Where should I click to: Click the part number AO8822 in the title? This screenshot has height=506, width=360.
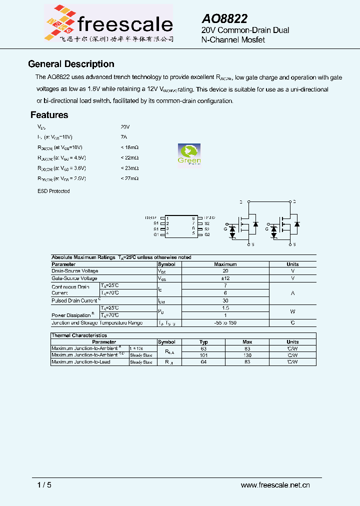pos(224,18)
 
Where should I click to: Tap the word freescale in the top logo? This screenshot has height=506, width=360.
pos(125,23)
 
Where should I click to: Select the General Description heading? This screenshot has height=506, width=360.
pos(71,64)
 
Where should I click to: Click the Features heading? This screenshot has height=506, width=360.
pos(49,115)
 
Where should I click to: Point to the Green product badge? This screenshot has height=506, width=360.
pos(189,154)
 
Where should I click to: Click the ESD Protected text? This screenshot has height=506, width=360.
pos(53,191)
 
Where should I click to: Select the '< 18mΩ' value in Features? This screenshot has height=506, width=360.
pos(129,147)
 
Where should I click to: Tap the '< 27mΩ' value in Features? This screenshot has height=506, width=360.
pos(129,178)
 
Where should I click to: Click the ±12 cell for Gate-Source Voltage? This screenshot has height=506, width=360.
pos(225,278)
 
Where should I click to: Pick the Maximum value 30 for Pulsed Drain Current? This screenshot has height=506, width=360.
pos(225,300)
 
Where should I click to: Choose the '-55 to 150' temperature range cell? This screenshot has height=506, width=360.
pos(225,323)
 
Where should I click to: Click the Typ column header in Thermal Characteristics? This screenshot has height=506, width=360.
pos(203,342)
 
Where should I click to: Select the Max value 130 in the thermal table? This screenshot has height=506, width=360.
pos(247,355)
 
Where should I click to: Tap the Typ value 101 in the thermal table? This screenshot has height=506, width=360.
pos(203,355)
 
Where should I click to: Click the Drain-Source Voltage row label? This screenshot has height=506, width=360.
pos(74,271)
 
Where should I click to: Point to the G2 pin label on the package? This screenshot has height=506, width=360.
pos(207,234)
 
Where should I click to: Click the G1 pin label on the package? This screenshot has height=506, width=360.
pos(156,234)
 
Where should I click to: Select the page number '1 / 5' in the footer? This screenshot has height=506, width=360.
pos(44,485)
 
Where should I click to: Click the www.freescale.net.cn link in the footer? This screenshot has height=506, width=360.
pos(275,485)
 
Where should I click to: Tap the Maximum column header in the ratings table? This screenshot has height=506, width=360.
pos(225,264)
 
